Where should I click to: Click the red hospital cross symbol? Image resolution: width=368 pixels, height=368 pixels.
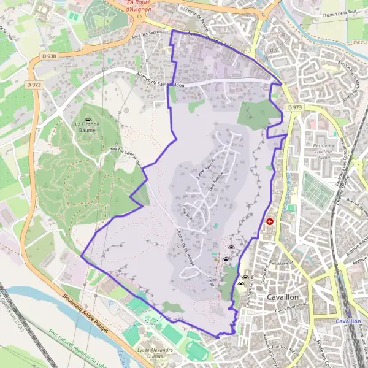click(x=270, y=221)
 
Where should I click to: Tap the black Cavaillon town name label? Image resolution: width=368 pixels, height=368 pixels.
click(x=288, y=297)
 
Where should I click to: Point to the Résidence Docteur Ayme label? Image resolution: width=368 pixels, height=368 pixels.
click(x=323, y=151)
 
